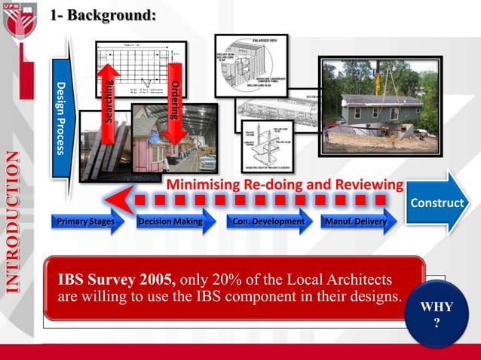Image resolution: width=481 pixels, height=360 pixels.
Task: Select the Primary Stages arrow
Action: [87, 221]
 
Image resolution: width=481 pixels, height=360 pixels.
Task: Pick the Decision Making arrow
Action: [171, 221]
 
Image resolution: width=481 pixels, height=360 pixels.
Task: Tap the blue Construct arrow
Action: [437, 204]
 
